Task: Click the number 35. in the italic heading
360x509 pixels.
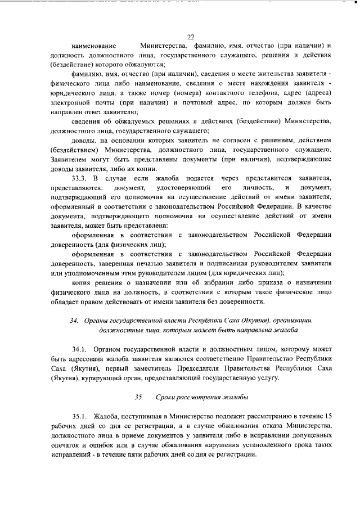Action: click(139, 397)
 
